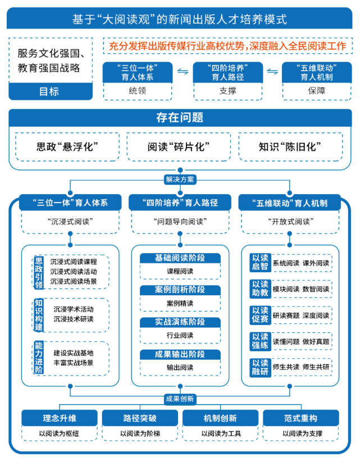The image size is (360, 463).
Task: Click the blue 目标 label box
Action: pos(51,91)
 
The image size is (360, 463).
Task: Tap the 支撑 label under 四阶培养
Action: pos(228,90)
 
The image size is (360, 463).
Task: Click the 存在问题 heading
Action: pos(180,118)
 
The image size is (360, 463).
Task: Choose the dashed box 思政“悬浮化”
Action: pos(67,147)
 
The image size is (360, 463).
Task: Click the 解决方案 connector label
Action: pos(180,180)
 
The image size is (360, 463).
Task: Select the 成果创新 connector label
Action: pos(180,399)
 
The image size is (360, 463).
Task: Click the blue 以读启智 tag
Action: pos(260,263)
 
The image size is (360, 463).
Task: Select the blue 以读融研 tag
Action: pos(260,366)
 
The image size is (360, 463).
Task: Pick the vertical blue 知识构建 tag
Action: pos(38,315)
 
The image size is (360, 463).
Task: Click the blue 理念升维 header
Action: pos(60,418)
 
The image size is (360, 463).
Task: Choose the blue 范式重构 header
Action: pos(300,418)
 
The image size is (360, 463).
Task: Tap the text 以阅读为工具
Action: pos(220,434)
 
